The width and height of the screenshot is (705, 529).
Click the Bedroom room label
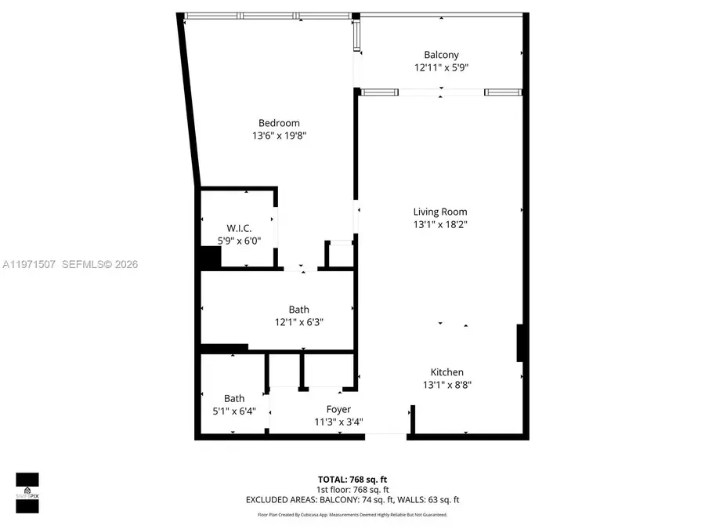point(279,123)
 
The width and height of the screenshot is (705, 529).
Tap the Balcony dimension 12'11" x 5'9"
point(441,67)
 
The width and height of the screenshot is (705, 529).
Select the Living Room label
point(440,212)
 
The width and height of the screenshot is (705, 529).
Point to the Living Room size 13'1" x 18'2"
point(440,224)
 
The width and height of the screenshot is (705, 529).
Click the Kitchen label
point(446,372)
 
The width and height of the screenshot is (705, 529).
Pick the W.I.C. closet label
point(239,228)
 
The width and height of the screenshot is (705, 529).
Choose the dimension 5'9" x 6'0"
point(239,241)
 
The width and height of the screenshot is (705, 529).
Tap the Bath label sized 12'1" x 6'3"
point(298,310)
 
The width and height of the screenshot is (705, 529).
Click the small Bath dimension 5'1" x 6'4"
point(234,411)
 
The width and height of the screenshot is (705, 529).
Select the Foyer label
point(338,409)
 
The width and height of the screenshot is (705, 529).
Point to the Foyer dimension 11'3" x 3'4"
point(338,422)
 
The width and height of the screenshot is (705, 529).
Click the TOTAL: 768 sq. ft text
point(352,479)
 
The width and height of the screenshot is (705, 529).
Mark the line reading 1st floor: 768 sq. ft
point(352,489)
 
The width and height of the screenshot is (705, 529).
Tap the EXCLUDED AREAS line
point(352,499)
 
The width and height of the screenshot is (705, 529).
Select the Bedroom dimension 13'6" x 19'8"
point(279,136)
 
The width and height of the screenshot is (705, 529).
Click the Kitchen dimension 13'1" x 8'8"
point(446,385)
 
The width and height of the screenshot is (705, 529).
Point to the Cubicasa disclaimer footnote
point(352,515)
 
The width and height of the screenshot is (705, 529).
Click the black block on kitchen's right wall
point(520,343)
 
